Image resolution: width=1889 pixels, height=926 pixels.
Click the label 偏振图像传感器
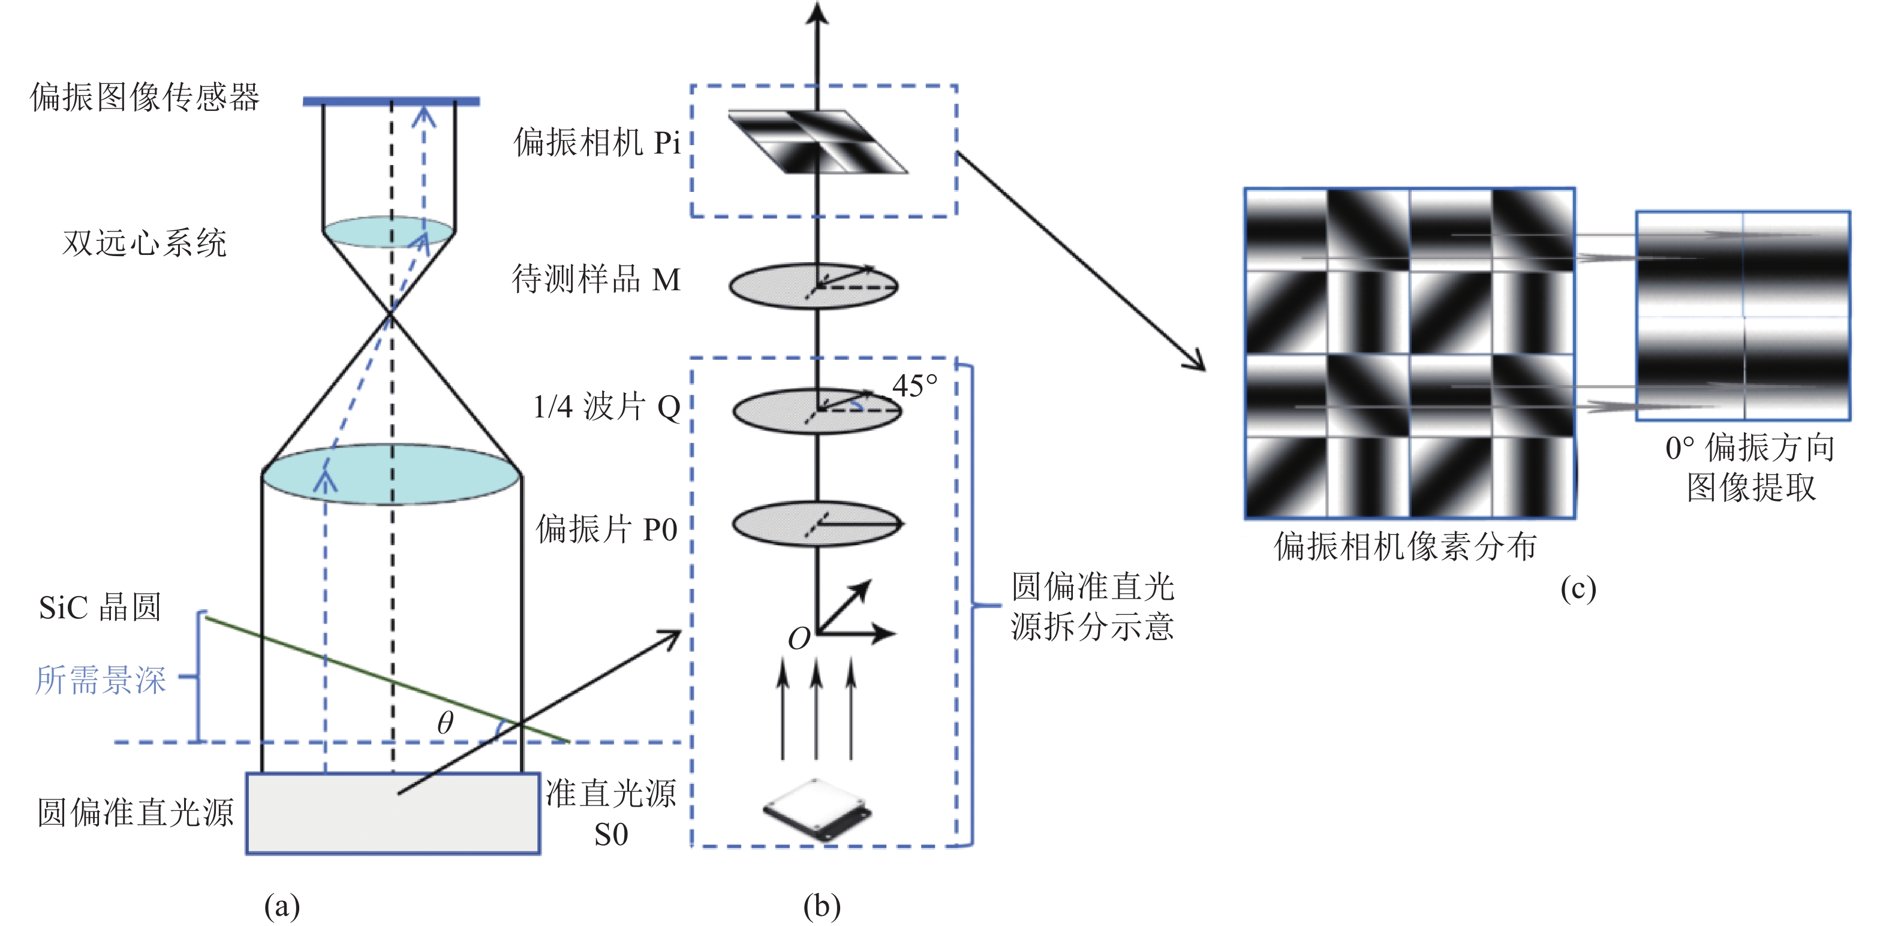[x=145, y=97]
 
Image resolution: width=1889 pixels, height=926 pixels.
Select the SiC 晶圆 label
[x=100, y=607]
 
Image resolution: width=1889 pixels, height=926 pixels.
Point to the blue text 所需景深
[x=101, y=680]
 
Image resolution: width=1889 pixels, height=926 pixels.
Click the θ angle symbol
[x=445, y=723]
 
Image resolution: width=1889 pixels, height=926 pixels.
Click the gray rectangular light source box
[x=393, y=814]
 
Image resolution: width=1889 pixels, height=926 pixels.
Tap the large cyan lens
[x=392, y=474]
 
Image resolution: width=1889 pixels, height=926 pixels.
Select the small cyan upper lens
[x=389, y=231]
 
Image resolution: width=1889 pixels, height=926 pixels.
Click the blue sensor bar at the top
[x=392, y=101]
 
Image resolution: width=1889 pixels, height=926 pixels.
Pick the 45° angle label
[x=915, y=385]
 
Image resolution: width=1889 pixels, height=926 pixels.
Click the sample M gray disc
[x=813, y=286]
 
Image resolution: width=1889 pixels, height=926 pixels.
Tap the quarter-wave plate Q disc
[x=817, y=411]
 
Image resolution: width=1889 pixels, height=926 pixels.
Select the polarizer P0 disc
[x=817, y=524]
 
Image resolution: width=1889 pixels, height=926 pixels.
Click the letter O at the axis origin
[x=799, y=639]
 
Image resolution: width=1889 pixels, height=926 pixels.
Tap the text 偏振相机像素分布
[x=1406, y=546]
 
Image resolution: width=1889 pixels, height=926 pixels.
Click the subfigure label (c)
[x=1578, y=589]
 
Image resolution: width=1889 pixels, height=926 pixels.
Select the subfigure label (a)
[x=282, y=906]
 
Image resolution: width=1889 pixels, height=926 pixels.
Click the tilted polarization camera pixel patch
[x=817, y=142]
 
